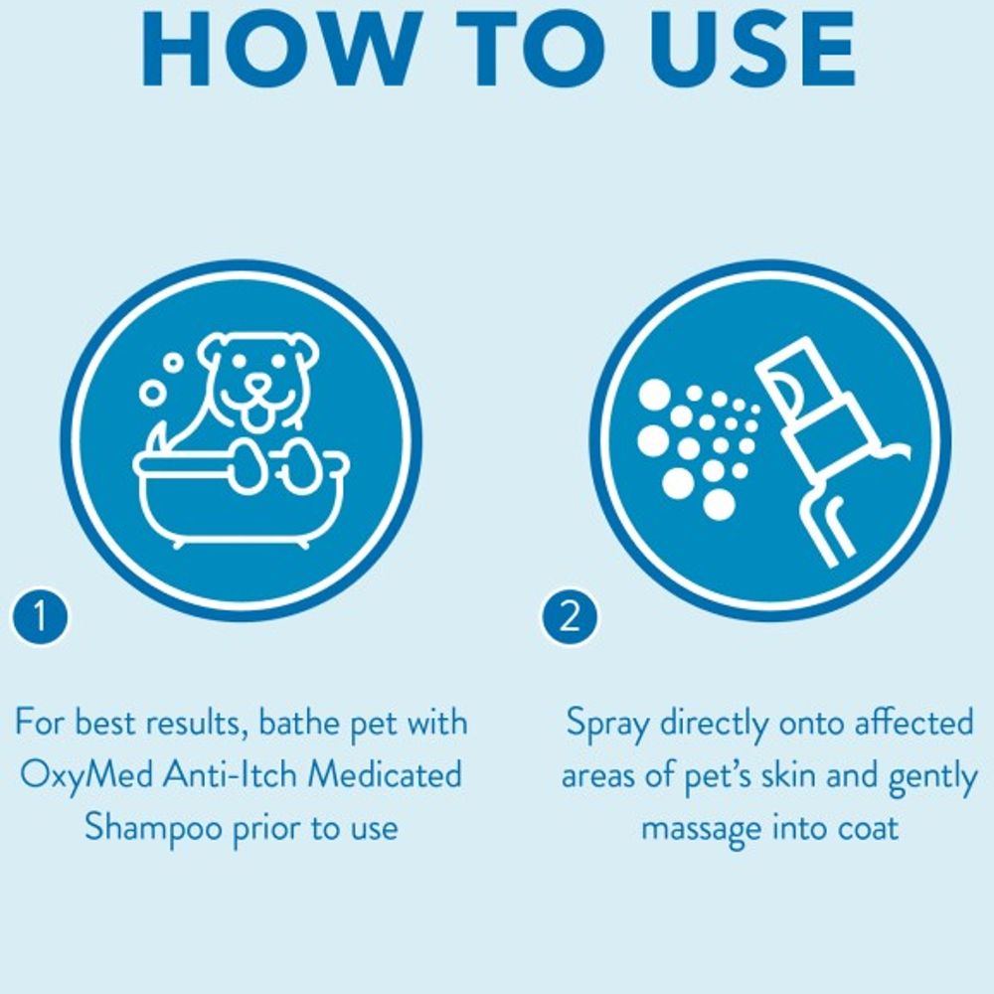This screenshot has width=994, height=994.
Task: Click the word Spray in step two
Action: point(605,723)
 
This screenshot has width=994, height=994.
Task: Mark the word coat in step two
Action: point(864,828)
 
